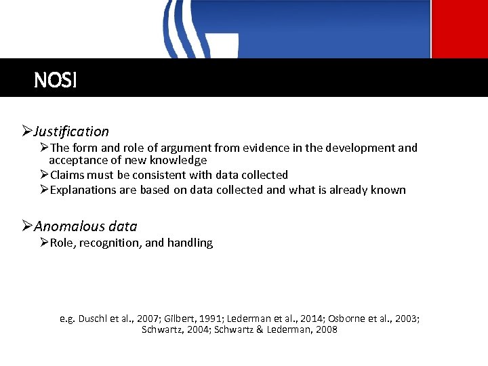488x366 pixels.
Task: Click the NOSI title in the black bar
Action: click(x=56, y=81)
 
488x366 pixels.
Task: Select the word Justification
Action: click(x=71, y=131)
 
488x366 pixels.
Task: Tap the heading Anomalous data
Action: click(x=85, y=226)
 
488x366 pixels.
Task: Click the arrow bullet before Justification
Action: click(x=27, y=131)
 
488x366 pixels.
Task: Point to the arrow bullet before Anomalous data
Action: click(x=27, y=226)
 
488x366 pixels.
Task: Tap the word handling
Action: click(x=191, y=243)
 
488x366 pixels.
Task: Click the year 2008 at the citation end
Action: click(x=325, y=330)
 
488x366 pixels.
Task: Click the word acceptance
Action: click(x=76, y=161)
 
